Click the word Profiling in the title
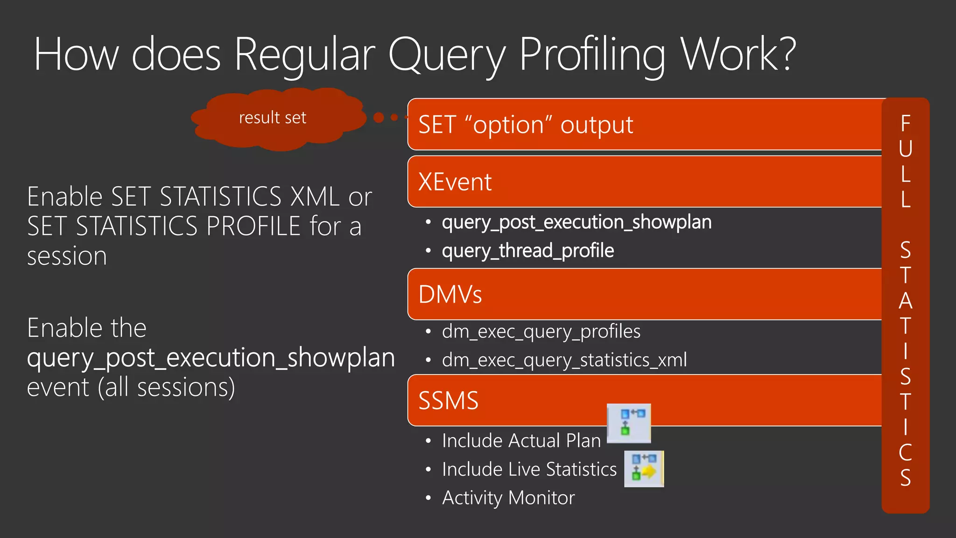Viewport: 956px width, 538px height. click(x=592, y=55)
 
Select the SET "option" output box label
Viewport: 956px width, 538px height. click(x=526, y=125)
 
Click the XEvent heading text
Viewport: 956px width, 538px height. click(x=455, y=182)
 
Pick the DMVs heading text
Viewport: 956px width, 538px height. click(x=450, y=295)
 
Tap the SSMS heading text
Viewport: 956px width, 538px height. click(x=448, y=401)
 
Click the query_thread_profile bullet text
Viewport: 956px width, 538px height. click(x=527, y=251)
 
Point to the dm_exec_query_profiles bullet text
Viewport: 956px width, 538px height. click(x=541, y=332)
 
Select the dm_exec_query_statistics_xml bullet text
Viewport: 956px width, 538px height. click(x=564, y=360)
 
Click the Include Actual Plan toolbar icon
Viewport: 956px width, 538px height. click(x=629, y=423)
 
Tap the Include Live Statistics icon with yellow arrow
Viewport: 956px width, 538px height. click(x=644, y=468)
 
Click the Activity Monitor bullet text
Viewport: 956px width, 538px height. click(x=508, y=498)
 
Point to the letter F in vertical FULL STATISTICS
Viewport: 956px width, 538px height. click(x=905, y=124)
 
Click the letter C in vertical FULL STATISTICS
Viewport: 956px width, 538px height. click(x=905, y=452)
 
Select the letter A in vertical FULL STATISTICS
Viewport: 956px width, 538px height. click(x=905, y=301)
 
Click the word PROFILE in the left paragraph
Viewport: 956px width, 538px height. click(x=253, y=227)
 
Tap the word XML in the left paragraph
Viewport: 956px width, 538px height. click(x=315, y=197)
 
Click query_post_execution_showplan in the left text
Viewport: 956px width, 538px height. click(x=211, y=358)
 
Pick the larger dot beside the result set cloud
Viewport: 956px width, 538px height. click(x=379, y=117)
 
